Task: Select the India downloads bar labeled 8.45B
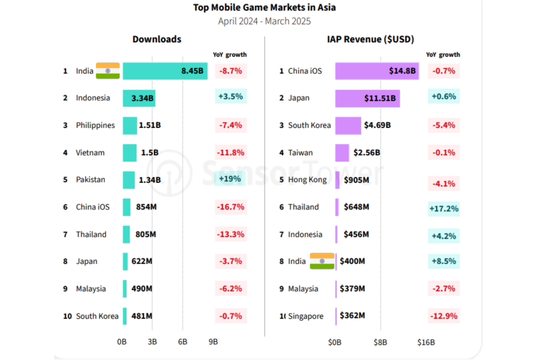click(x=165, y=71)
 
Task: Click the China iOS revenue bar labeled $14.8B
click(x=376, y=71)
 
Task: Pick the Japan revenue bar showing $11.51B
click(x=367, y=98)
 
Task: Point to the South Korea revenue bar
click(x=348, y=125)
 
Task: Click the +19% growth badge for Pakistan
click(x=230, y=179)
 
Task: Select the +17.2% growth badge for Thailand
click(x=443, y=207)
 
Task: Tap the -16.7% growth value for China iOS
click(x=231, y=207)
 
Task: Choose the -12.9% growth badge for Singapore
click(x=443, y=316)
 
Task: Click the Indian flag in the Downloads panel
click(x=107, y=71)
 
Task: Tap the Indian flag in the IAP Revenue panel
click(x=322, y=261)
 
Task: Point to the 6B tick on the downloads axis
click(x=183, y=342)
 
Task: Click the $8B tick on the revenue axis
click(x=380, y=342)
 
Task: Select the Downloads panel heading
click(x=157, y=39)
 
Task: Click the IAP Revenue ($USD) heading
click(x=370, y=39)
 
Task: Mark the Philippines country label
click(x=96, y=125)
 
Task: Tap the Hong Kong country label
click(x=307, y=180)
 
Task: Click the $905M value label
click(x=356, y=180)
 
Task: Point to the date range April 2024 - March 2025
click(x=264, y=22)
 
